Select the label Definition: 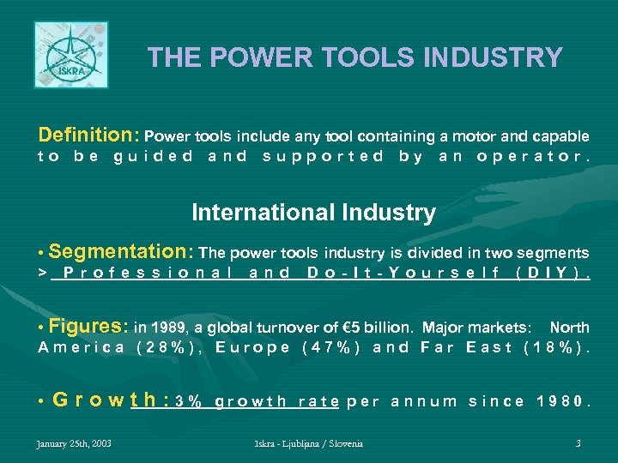coord(89,135)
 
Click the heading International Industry coord(313,212)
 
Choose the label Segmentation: coord(122,252)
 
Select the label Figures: coord(88,326)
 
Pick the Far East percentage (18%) coord(555,347)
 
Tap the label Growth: coord(110,400)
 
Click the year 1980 coord(562,400)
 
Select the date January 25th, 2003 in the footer coord(73,443)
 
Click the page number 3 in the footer coord(579,443)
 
